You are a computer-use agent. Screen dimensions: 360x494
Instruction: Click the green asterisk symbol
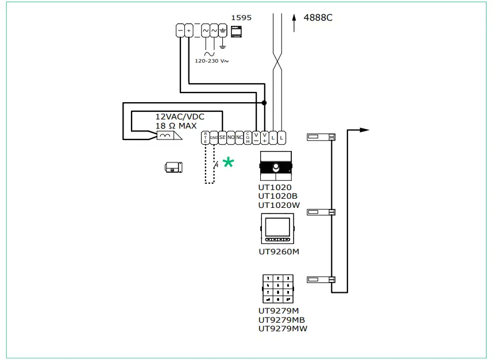point(228,162)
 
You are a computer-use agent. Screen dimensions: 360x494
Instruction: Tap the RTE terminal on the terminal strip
point(206,137)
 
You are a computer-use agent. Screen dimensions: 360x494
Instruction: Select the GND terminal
point(214,137)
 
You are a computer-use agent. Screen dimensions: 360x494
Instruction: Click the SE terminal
point(222,137)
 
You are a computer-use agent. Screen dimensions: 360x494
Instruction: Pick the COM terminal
point(248,137)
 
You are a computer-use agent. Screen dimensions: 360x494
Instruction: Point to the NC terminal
point(240,137)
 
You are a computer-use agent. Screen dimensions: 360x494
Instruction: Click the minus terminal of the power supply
point(180,30)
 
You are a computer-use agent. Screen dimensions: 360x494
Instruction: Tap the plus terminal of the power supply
point(188,30)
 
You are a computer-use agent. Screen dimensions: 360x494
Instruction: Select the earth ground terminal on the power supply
point(223,30)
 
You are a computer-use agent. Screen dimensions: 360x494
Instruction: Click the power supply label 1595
point(241,18)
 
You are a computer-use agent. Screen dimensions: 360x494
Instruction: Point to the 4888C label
point(318,18)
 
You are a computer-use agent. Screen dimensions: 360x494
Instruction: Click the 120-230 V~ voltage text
point(212,60)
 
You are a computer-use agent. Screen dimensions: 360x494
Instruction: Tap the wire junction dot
point(264,103)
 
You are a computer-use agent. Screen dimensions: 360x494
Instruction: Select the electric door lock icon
point(172,168)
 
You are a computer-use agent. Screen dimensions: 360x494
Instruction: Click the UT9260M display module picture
point(277,229)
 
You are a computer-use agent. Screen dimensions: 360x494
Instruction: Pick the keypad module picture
point(277,289)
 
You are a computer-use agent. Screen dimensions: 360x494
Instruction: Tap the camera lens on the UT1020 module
point(277,168)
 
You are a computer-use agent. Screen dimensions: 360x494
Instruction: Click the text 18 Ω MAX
point(176,126)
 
